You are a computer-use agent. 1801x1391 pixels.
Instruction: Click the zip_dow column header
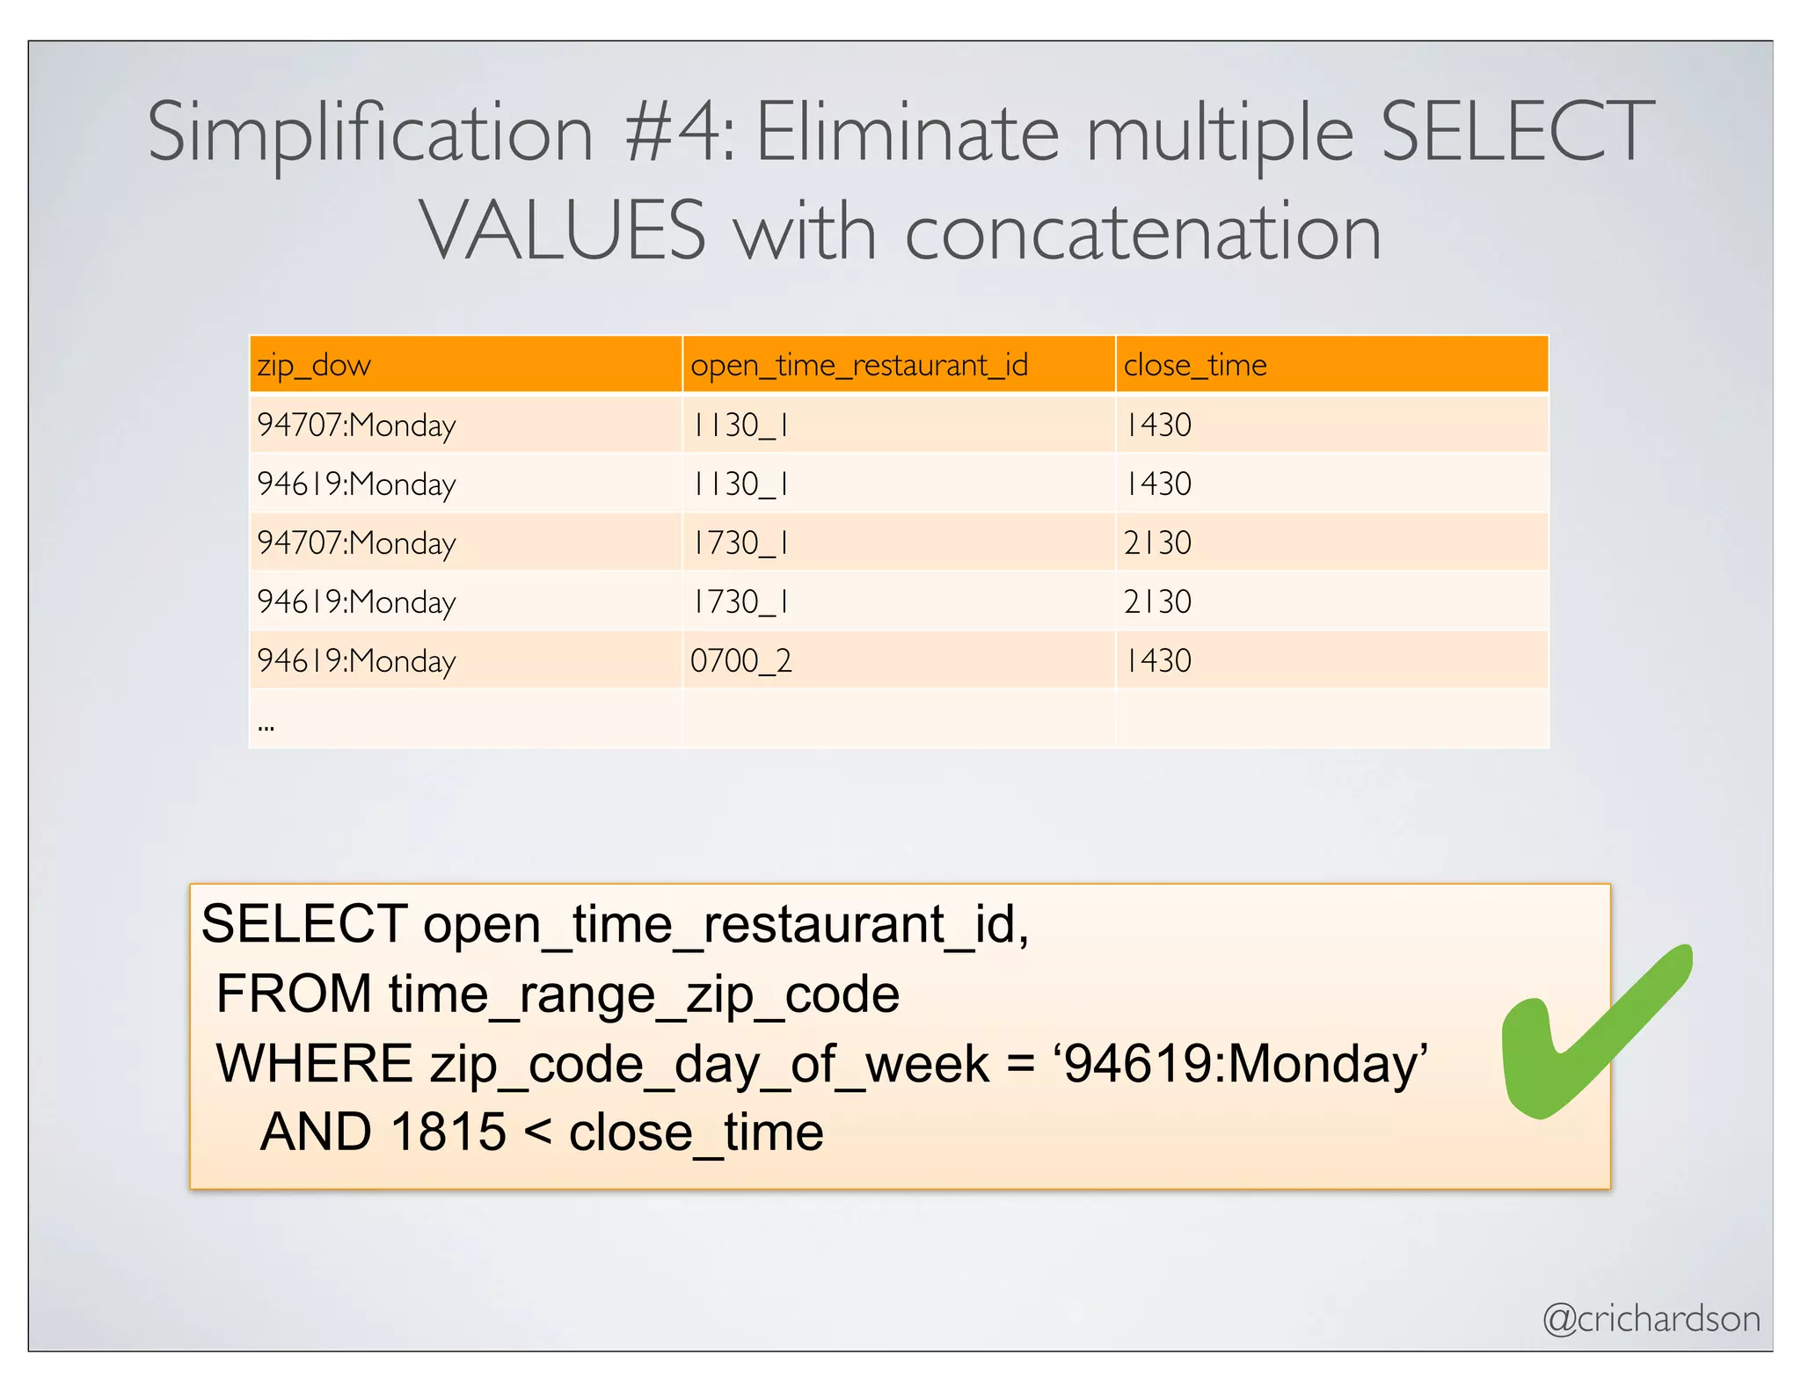[314, 365]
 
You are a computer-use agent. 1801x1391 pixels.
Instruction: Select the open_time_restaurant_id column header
[858, 365]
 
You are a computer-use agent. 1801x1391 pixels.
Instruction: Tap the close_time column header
[1195, 365]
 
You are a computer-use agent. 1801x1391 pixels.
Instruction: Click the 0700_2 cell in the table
[740, 660]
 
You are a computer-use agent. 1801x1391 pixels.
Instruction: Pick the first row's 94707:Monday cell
[356, 426]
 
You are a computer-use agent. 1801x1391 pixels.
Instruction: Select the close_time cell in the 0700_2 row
[1158, 660]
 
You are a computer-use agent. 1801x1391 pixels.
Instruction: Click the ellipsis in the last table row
[266, 726]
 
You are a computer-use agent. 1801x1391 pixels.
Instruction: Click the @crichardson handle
[1651, 1319]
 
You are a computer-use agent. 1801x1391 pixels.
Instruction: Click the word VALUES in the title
[563, 230]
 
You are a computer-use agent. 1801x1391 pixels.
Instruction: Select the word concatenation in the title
[1142, 232]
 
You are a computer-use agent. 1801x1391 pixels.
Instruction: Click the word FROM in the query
[294, 994]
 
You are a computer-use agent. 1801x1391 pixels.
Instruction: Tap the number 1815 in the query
[448, 1132]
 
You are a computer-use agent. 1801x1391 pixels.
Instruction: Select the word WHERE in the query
[314, 1064]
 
